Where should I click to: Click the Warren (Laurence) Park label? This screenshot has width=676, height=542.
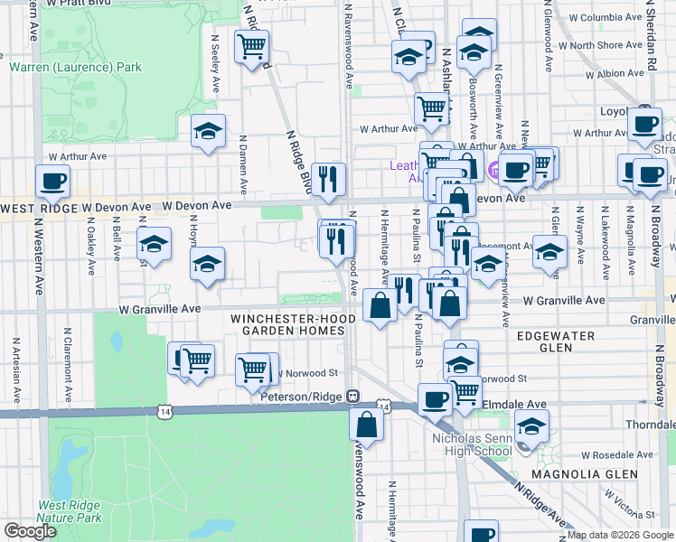(76, 67)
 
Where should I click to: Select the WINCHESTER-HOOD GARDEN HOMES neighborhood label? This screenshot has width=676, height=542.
(288, 324)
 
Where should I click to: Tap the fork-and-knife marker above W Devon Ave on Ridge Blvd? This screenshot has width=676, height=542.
(327, 177)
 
